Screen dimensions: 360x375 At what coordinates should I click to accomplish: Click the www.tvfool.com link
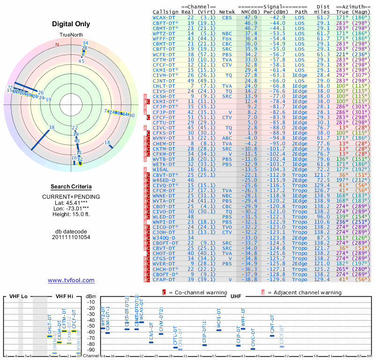tap(71, 280)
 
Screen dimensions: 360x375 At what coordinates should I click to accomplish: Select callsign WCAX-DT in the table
tap(164, 17)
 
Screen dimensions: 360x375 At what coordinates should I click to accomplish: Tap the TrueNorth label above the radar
tap(71, 35)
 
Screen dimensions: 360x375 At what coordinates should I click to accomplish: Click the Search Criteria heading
tap(71, 187)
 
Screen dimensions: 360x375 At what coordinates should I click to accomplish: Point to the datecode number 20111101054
tap(71, 237)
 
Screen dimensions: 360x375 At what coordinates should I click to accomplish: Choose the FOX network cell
tap(227, 38)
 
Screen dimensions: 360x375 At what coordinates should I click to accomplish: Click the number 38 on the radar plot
tap(52, 127)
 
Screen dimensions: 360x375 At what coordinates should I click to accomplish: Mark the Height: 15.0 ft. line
tap(71, 214)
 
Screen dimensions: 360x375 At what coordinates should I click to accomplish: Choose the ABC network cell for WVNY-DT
tap(227, 138)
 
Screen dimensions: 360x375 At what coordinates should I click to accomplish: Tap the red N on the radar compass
tap(57, 45)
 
